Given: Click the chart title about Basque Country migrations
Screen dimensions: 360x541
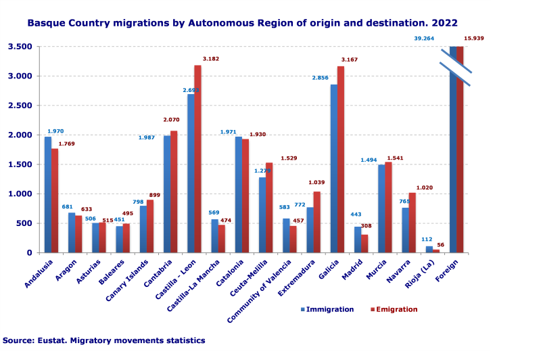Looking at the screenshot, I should pyautogui.click(x=242, y=23).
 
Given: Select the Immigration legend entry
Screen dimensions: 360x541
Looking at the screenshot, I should pyautogui.click(x=327, y=309).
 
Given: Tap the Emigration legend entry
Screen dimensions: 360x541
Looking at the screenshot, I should pyautogui.click(x=394, y=309).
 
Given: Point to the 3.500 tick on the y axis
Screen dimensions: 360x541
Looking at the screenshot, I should pyautogui.click(x=20, y=47).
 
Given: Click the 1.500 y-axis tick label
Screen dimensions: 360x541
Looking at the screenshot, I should pyautogui.click(x=20, y=164).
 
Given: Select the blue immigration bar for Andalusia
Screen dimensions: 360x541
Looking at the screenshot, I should pyautogui.click(x=48, y=194).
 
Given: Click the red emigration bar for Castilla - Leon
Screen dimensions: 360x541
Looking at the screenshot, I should pyautogui.click(x=197, y=159).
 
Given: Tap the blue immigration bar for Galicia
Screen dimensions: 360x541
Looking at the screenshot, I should pyautogui.click(x=333, y=168).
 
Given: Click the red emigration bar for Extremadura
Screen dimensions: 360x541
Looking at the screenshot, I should pyautogui.click(x=316, y=222).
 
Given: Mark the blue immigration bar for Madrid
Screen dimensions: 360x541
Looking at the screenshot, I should pyautogui.click(x=358, y=240).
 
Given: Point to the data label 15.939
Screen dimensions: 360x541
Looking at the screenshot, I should pyautogui.click(x=473, y=39).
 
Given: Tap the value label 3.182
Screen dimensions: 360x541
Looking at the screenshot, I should pyautogui.click(x=210, y=59).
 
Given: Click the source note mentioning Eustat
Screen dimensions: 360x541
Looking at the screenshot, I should pyautogui.click(x=103, y=340).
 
